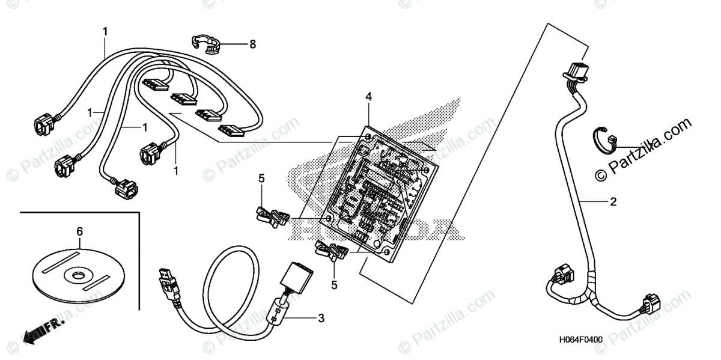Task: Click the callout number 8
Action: pos(252,44)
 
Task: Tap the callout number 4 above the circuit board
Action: pos(368,96)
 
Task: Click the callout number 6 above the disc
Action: pos(79,231)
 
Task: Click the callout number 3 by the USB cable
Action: pos(321,318)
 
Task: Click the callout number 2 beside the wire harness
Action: pos(613,202)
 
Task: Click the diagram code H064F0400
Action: pos(581,340)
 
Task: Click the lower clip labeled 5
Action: pos(329,251)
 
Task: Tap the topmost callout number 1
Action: pos(105,31)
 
